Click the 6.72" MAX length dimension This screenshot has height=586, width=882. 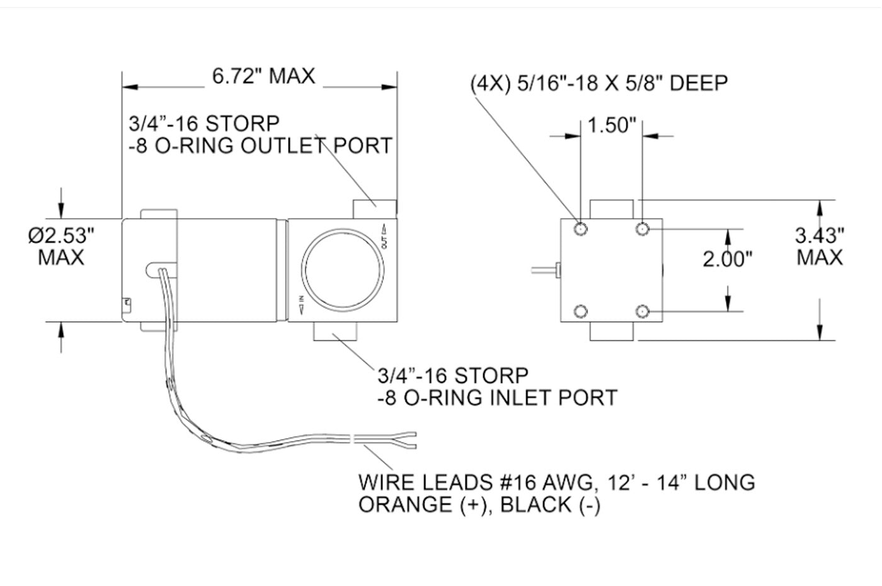263,76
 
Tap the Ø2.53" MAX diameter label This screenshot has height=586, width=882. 61,246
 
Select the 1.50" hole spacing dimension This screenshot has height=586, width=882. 610,125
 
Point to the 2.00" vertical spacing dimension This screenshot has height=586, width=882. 728,258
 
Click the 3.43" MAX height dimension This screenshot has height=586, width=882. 819,246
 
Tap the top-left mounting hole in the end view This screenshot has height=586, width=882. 580,228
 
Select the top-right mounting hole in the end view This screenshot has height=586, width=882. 642,228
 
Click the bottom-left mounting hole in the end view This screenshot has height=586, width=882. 580,311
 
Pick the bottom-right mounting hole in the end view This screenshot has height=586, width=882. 642,311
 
